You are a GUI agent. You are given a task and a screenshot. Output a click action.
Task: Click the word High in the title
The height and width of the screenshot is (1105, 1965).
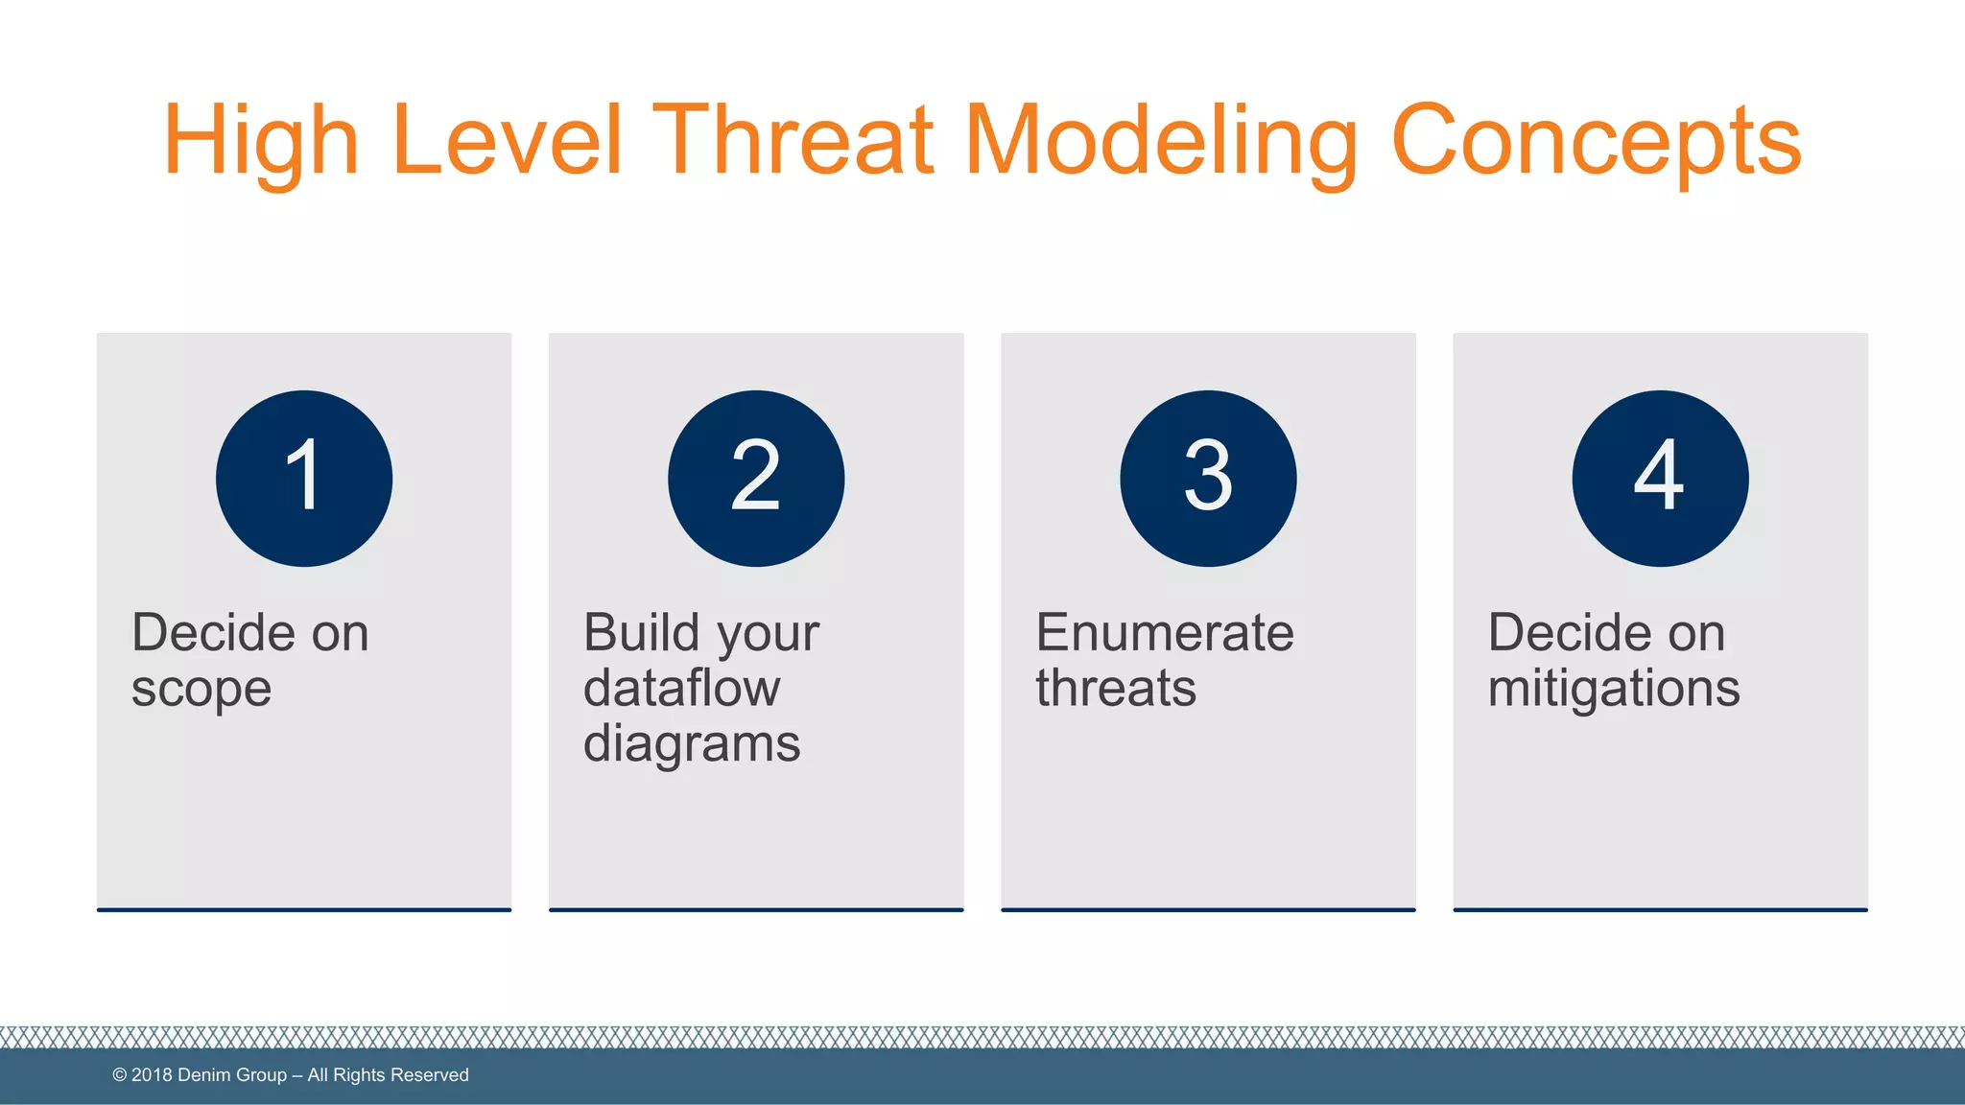[x=261, y=142]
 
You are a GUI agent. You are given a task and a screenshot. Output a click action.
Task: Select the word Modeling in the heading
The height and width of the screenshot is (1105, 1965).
[x=1161, y=142]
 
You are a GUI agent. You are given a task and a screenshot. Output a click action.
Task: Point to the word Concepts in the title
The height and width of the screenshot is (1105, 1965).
[x=1596, y=142]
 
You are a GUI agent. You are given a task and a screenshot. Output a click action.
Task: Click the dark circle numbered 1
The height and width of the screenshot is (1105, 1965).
[x=304, y=478]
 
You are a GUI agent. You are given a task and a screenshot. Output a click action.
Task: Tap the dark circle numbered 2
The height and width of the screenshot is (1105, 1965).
[x=756, y=478]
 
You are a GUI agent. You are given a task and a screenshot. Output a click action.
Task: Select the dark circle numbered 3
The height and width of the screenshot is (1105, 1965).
[x=1208, y=478]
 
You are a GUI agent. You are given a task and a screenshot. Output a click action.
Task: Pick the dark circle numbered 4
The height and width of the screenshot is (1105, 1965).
[x=1660, y=478]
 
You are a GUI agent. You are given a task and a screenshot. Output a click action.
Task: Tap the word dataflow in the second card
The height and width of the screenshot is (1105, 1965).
[x=681, y=688]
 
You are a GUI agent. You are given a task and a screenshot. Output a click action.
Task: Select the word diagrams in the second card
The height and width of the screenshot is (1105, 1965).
[x=692, y=745]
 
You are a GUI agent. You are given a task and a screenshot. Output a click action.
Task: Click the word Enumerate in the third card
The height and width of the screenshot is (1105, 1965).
[x=1165, y=633]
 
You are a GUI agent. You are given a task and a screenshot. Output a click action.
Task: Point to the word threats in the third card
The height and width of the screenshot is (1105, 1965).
[x=1116, y=688]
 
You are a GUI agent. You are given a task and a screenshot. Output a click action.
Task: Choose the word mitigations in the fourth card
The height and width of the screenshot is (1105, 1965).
[x=1614, y=688]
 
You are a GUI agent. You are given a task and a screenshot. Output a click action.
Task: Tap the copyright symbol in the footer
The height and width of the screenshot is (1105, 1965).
[x=120, y=1075]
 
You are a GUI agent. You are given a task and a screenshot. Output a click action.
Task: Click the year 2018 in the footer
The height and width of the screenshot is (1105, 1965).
[x=152, y=1075]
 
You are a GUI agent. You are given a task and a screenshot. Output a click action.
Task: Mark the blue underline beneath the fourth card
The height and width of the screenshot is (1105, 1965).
[x=1660, y=909]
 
